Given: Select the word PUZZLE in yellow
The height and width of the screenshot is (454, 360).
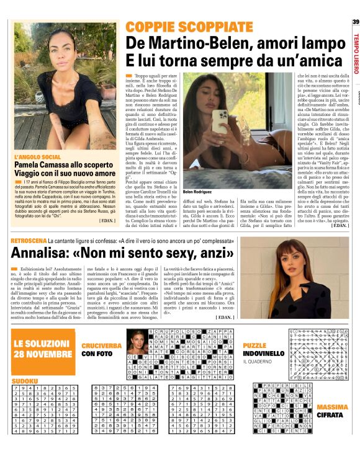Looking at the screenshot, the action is click(x=255, y=345).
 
